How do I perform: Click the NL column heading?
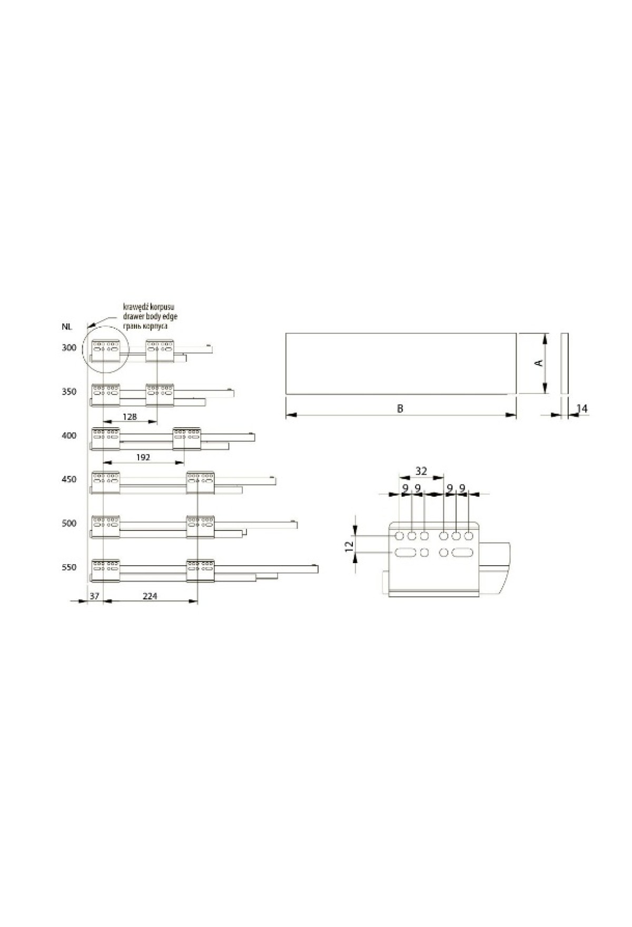(x=66, y=327)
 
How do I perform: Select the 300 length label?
(x=68, y=348)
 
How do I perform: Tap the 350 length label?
(x=68, y=392)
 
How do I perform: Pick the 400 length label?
(x=68, y=436)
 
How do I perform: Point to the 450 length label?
(x=68, y=479)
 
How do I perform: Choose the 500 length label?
(x=68, y=523)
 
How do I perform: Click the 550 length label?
(x=68, y=567)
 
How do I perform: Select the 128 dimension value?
(x=130, y=417)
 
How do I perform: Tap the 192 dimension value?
(x=143, y=457)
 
